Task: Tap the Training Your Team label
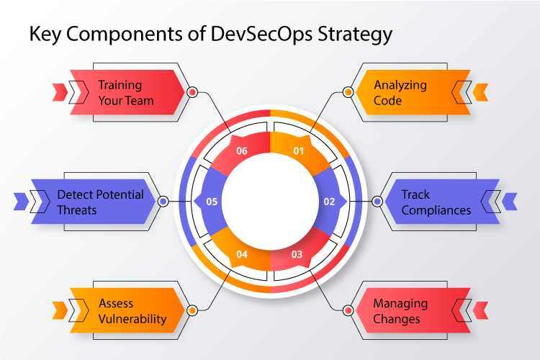coord(126,93)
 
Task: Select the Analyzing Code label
coord(400,93)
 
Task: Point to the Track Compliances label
coord(436,202)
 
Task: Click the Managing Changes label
coord(400,311)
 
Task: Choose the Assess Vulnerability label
coord(132,311)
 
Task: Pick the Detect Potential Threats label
coord(100,202)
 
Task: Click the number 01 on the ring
coord(299,151)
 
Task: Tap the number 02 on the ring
coord(329,202)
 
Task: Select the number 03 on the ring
coord(297,253)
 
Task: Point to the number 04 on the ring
coord(242,253)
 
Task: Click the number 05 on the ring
coord(212,202)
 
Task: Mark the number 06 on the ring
coord(242,151)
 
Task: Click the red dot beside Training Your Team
coord(192,92)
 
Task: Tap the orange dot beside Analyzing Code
coord(348,92)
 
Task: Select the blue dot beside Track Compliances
coord(377,202)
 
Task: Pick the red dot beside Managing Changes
coord(348,310)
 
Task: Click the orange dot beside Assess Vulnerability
coord(192,310)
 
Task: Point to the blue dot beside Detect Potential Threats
coord(163,202)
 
